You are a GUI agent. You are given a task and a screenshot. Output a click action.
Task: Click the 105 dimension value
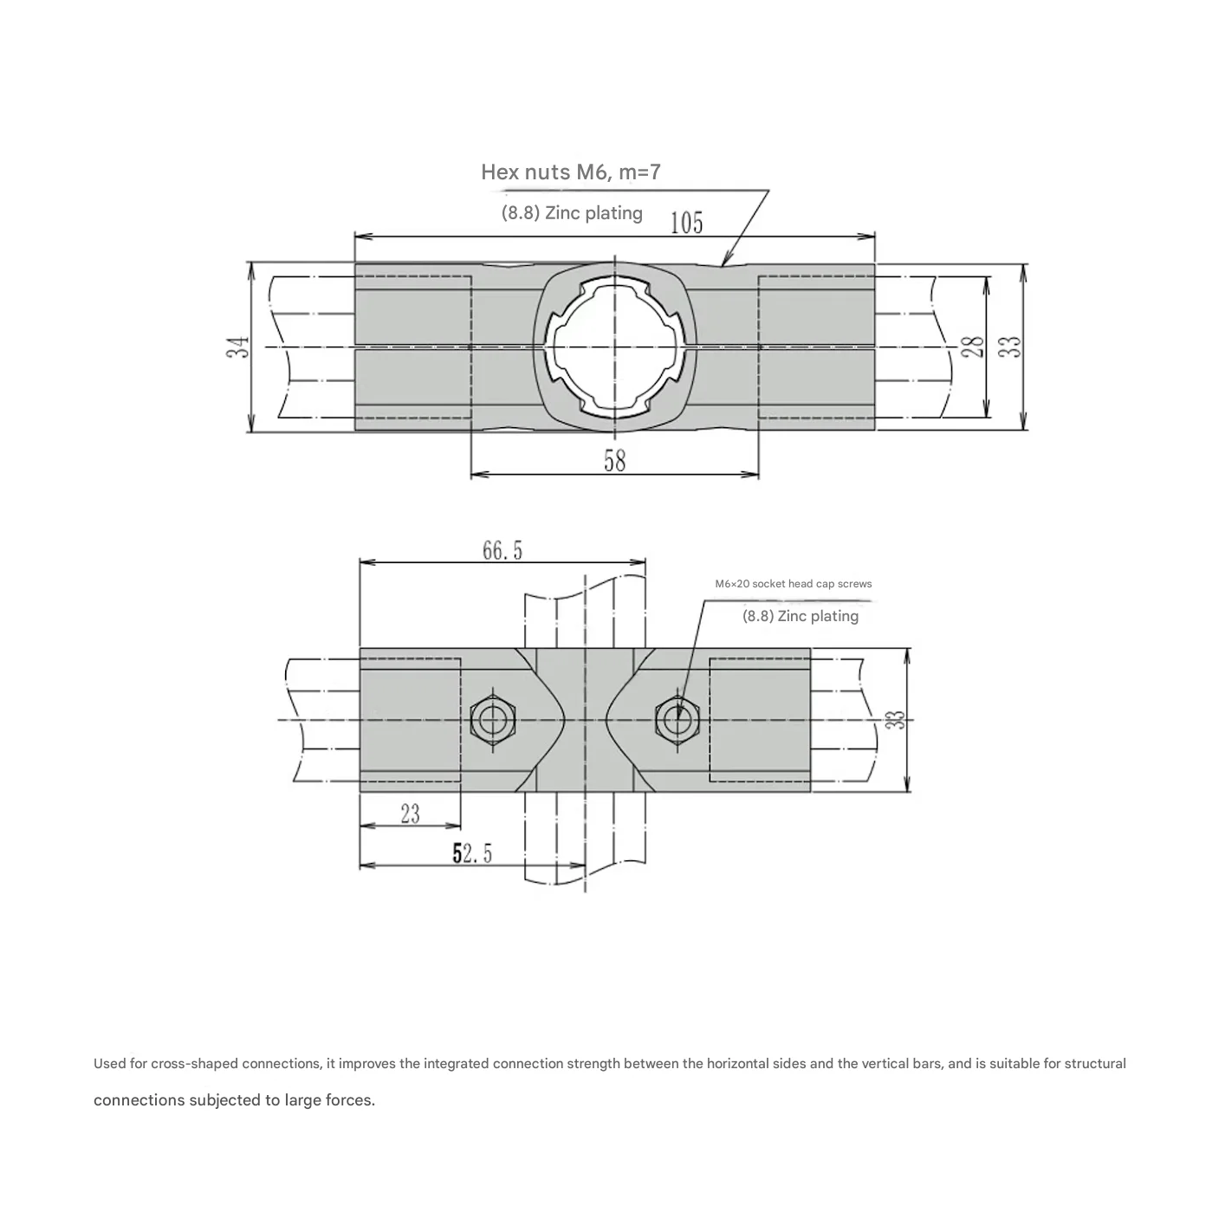pos(686,223)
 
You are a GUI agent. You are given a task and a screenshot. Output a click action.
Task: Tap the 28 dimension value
pos(975,347)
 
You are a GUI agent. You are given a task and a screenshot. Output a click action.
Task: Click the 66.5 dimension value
pos(502,550)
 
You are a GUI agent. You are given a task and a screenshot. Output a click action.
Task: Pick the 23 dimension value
pos(410,813)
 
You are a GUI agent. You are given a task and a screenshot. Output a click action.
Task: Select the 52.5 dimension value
pos(472,853)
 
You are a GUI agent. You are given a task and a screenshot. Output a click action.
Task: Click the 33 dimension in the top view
pos(1011,347)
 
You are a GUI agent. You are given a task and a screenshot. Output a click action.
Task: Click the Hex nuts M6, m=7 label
pos(570,172)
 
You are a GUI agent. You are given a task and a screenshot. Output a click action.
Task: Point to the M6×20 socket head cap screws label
pos(793,584)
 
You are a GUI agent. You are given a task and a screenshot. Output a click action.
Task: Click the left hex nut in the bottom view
pos(493,719)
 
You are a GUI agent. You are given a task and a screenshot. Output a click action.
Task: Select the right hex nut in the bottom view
pos(677,719)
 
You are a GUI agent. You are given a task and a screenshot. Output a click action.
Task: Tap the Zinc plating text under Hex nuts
pos(572,213)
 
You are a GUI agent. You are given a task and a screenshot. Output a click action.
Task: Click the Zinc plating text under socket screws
pos(800,616)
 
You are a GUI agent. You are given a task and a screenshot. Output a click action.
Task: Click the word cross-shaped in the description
pos(195,1063)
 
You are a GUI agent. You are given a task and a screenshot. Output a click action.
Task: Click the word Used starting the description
pos(109,1063)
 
